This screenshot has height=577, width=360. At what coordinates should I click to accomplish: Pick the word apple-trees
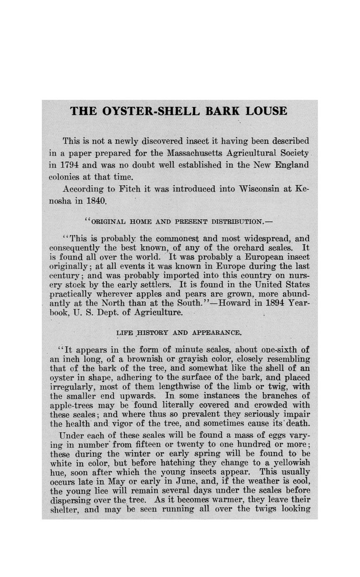pyautogui.click(x=72, y=405)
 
